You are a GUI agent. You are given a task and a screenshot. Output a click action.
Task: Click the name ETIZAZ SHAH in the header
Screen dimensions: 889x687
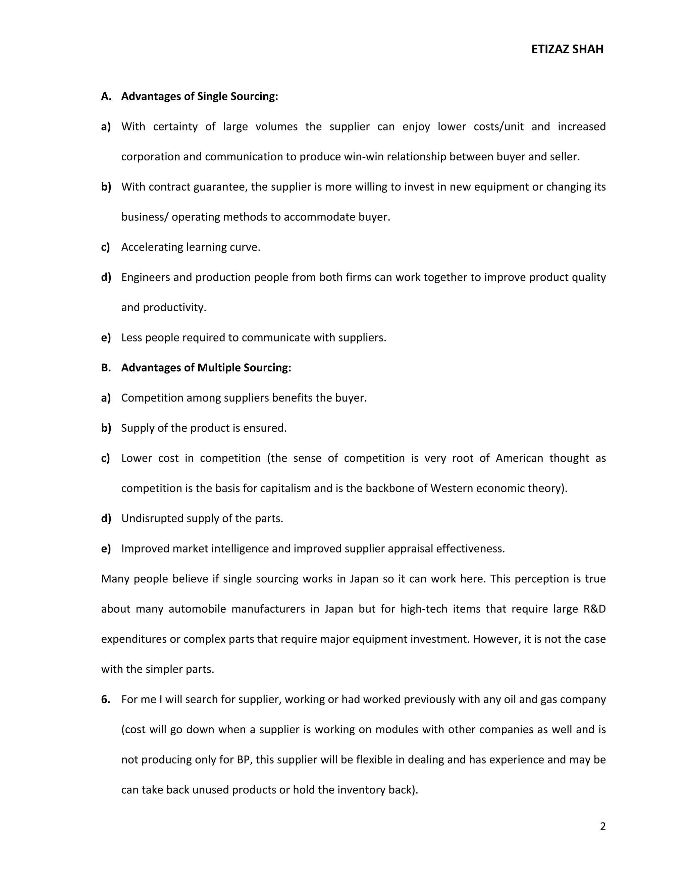click(x=567, y=49)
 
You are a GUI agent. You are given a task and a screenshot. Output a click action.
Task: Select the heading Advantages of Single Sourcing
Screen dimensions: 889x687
click(x=200, y=97)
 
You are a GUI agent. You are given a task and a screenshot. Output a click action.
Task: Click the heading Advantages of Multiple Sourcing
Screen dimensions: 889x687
click(x=206, y=368)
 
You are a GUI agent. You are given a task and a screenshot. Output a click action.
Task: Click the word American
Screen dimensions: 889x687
click(x=519, y=458)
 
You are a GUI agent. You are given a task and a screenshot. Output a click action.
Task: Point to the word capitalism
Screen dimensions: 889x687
click(x=285, y=488)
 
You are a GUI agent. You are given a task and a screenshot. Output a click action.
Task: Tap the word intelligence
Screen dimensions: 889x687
click(x=240, y=549)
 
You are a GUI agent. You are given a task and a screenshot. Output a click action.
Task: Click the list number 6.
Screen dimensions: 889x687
click(x=105, y=699)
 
